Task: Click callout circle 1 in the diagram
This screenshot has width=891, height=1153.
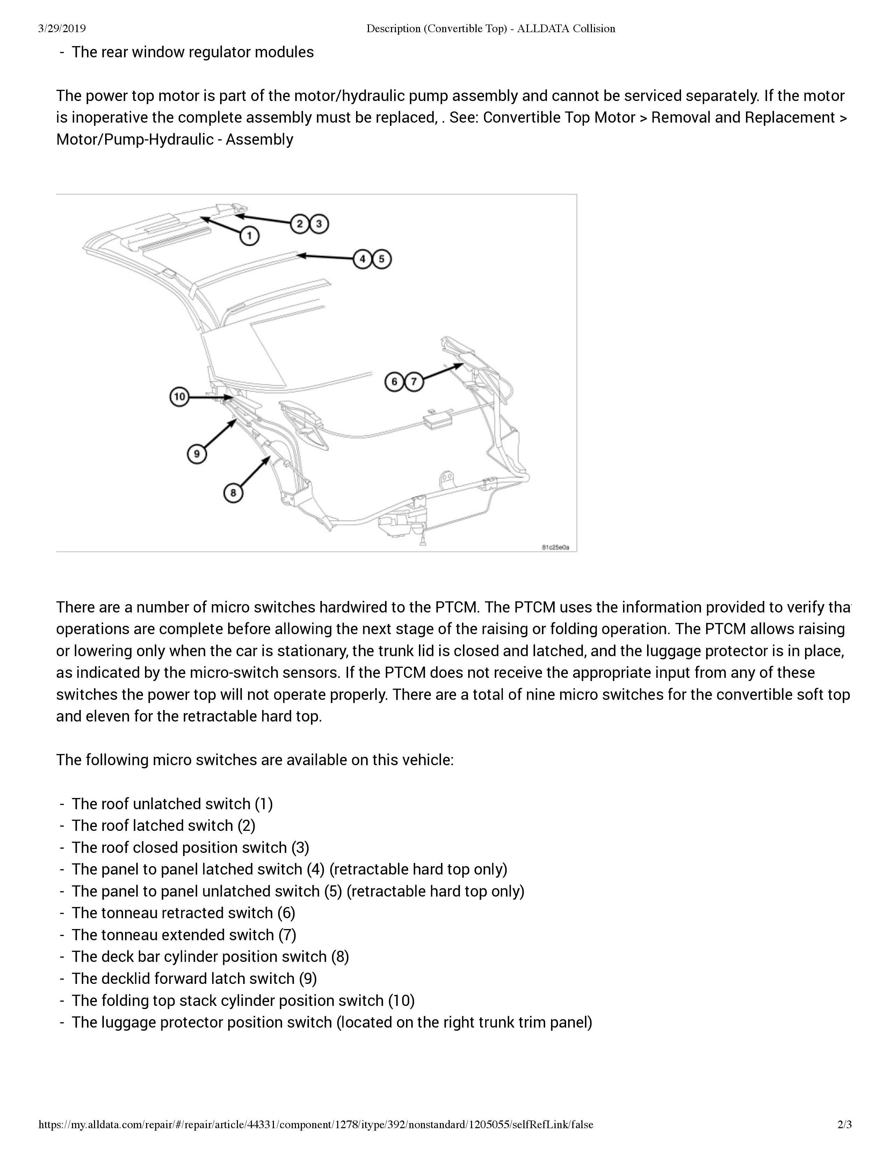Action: [x=249, y=235]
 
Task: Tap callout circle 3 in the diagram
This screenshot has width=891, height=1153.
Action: [x=319, y=224]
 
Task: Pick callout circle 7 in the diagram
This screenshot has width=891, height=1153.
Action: [x=414, y=382]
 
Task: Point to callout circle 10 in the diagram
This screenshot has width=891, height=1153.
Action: [x=180, y=397]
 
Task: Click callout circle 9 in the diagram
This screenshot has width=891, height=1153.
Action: [x=196, y=454]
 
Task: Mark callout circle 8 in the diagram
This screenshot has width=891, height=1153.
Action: [x=233, y=493]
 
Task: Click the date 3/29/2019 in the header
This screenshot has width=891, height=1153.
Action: [x=62, y=29]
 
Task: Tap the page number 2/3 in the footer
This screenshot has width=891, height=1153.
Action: [x=845, y=1124]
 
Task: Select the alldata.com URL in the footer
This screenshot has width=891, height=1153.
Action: [x=316, y=1124]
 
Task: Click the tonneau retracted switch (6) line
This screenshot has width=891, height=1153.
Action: [x=183, y=913]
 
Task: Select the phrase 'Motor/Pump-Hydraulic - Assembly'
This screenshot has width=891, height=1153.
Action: [x=175, y=139]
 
